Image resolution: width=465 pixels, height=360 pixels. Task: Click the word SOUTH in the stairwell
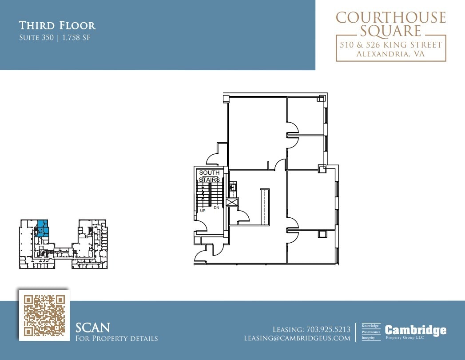pos(209,172)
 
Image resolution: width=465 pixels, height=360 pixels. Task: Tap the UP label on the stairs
pos(203,210)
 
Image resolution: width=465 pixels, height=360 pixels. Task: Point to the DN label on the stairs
pos(217,208)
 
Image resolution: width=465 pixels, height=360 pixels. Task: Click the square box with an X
pos(232,203)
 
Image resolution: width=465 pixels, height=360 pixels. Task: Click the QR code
pos(44,315)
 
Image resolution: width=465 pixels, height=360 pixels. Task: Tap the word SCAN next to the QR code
pos(93,328)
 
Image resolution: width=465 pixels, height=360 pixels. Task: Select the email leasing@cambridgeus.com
pos(297,338)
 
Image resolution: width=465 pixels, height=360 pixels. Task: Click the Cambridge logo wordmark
pos(415,330)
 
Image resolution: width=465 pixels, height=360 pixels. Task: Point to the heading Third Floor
pos(57,25)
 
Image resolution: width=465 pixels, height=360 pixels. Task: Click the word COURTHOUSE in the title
pos(391,18)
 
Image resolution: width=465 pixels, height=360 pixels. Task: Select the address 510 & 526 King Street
pos(391,45)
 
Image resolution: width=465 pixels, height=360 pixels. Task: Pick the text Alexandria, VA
pos(391,54)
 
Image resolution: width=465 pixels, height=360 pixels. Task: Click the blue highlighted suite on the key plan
pos(43,227)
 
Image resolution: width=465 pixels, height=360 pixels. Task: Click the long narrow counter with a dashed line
pos(264,207)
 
